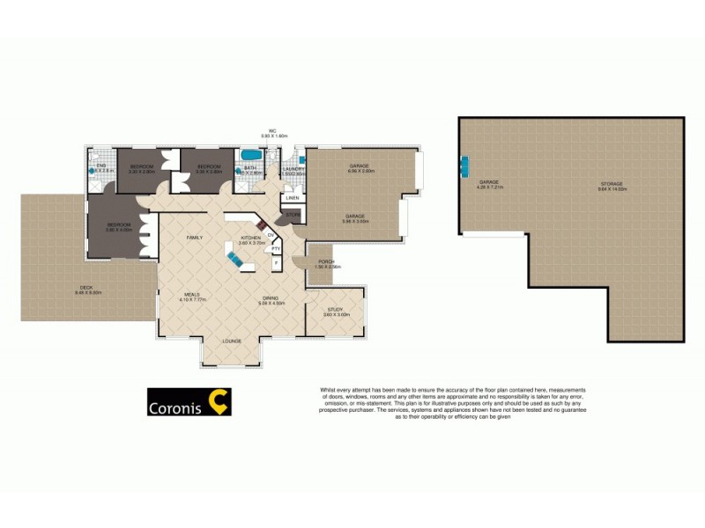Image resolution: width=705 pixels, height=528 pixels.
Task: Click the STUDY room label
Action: [x=334, y=309]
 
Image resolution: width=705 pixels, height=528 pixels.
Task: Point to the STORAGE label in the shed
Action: [x=611, y=184]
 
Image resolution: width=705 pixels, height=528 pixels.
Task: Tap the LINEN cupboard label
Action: [x=292, y=198]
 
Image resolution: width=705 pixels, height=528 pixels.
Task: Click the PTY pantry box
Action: [x=276, y=249]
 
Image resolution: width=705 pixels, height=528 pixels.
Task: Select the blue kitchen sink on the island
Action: [x=236, y=259]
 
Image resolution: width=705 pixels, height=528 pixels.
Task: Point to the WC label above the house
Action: [x=273, y=130]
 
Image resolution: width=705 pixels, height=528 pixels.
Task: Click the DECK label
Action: [x=85, y=288]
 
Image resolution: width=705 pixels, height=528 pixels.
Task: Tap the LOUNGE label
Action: [x=233, y=341]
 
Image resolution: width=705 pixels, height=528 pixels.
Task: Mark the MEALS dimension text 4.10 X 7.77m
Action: [x=194, y=300]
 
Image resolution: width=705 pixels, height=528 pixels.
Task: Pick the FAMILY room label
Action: [x=195, y=238]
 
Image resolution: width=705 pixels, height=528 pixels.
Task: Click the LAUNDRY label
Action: [x=293, y=169]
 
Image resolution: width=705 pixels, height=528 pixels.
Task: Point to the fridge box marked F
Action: [x=276, y=263]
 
